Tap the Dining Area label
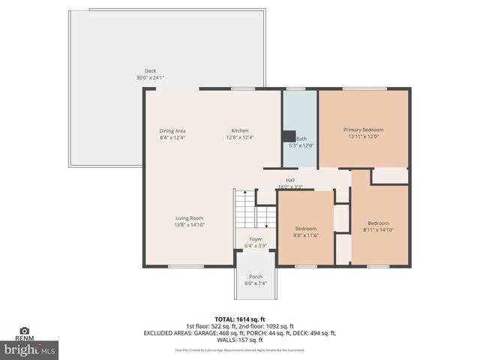pyautogui.click(x=172, y=131)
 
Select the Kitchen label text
pyautogui.click(x=239, y=131)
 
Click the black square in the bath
pyautogui.click(x=288, y=136)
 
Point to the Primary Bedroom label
pyautogui.click(x=363, y=130)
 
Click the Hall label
pyautogui.click(x=289, y=180)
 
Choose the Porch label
pyautogui.click(x=256, y=276)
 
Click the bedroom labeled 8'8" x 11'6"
pyautogui.click(x=305, y=227)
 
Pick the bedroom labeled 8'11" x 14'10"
pyautogui.click(x=378, y=223)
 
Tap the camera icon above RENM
pyautogui.click(x=24, y=331)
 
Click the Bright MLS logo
pyautogui.click(x=30, y=349)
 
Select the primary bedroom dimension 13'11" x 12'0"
pyautogui.click(x=363, y=136)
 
